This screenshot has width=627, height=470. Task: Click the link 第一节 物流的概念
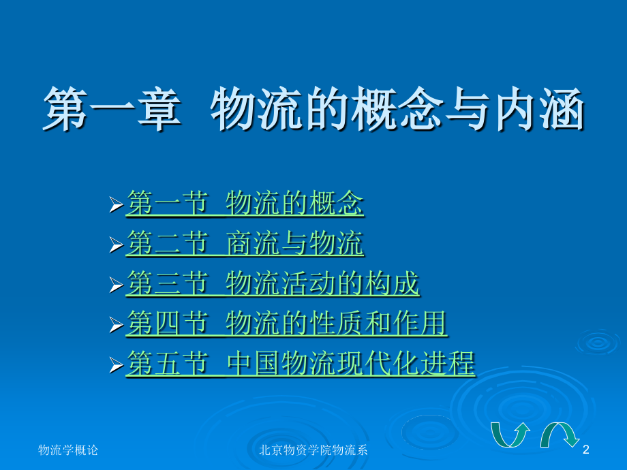click(x=245, y=204)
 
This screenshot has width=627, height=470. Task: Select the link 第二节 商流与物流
click(x=245, y=244)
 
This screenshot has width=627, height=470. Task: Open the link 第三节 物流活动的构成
click(x=273, y=284)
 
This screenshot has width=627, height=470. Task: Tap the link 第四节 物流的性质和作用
click(x=286, y=324)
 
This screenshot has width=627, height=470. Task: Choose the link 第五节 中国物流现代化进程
click(x=301, y=363)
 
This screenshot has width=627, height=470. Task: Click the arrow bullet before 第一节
click(x=117, y=204)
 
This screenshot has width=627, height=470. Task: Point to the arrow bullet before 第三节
click(x=117, y=285)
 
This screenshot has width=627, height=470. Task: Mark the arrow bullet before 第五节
click(x=117, y=364)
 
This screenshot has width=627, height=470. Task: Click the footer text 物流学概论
click(x=68, y=450)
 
